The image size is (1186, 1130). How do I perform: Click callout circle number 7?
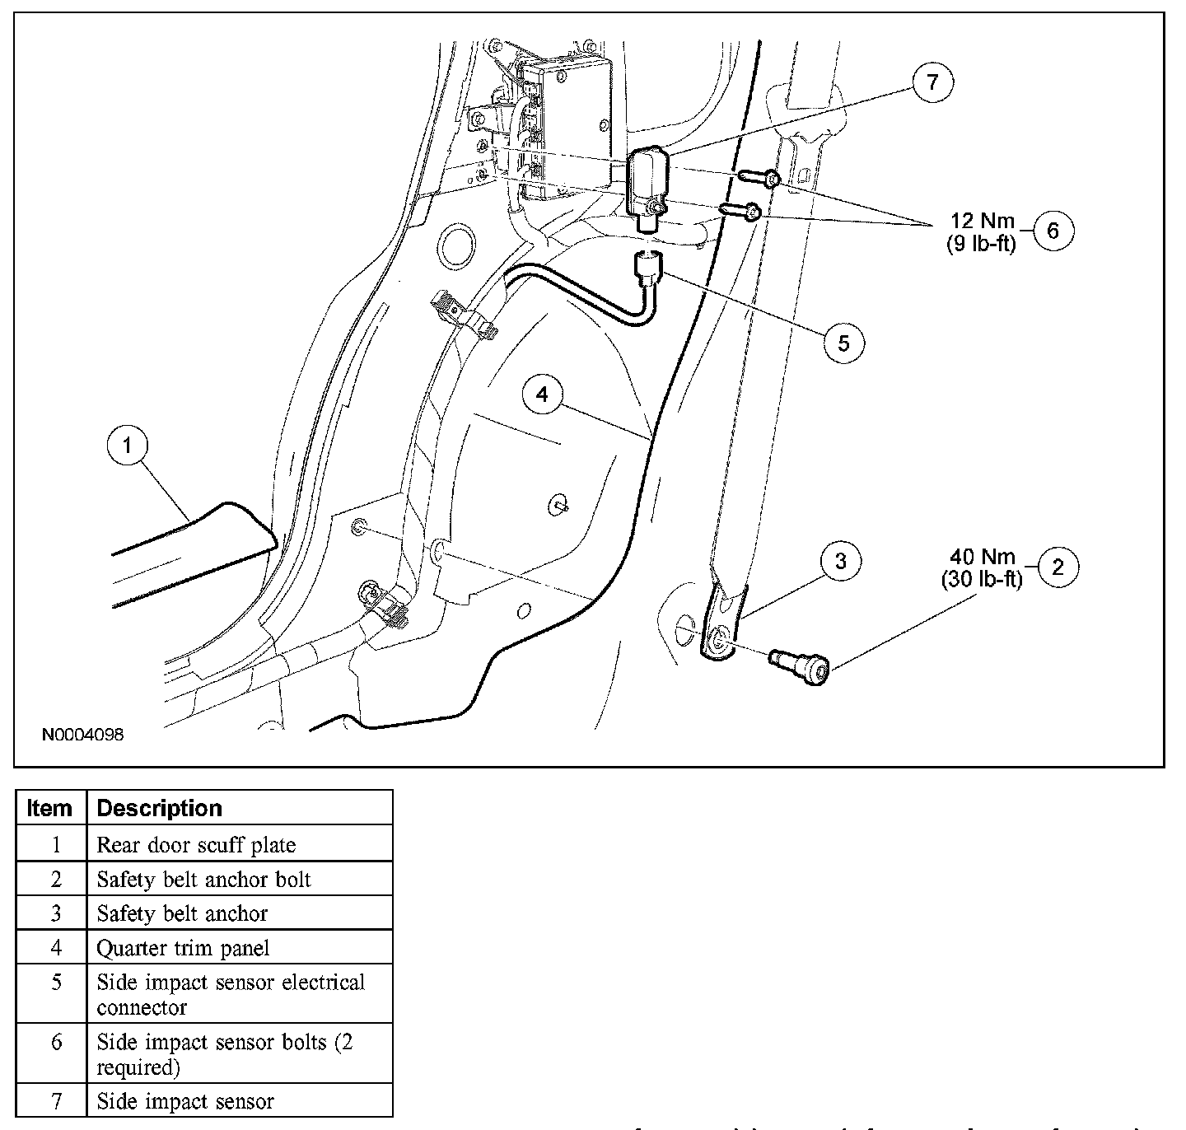[x=932, y=82]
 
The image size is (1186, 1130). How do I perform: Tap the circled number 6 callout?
[x=1053, y=231]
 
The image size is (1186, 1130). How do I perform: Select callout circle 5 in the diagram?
[x=843, y=342]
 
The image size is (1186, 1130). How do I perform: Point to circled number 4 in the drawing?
[x=542, y=395]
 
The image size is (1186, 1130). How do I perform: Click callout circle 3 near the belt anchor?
[x=840, y=562]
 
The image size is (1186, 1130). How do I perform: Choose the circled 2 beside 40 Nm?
[x=1058, y=567]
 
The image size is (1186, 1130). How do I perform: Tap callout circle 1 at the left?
[x=128, y=446]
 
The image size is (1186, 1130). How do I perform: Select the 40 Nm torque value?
[x=982, y=557]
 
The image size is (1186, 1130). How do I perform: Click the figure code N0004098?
[x=83, y=735]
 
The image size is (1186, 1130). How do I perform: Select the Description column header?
[x=159, y=808]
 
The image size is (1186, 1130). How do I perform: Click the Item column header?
[x=49, y=808]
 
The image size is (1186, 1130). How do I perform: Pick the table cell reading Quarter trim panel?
[x=183, y=948]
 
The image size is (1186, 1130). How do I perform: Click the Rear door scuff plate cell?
[x=196, y=845]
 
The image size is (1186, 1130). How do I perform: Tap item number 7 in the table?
[x=55, y=1101]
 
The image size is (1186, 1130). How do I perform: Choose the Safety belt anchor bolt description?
[x=203, y=880]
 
